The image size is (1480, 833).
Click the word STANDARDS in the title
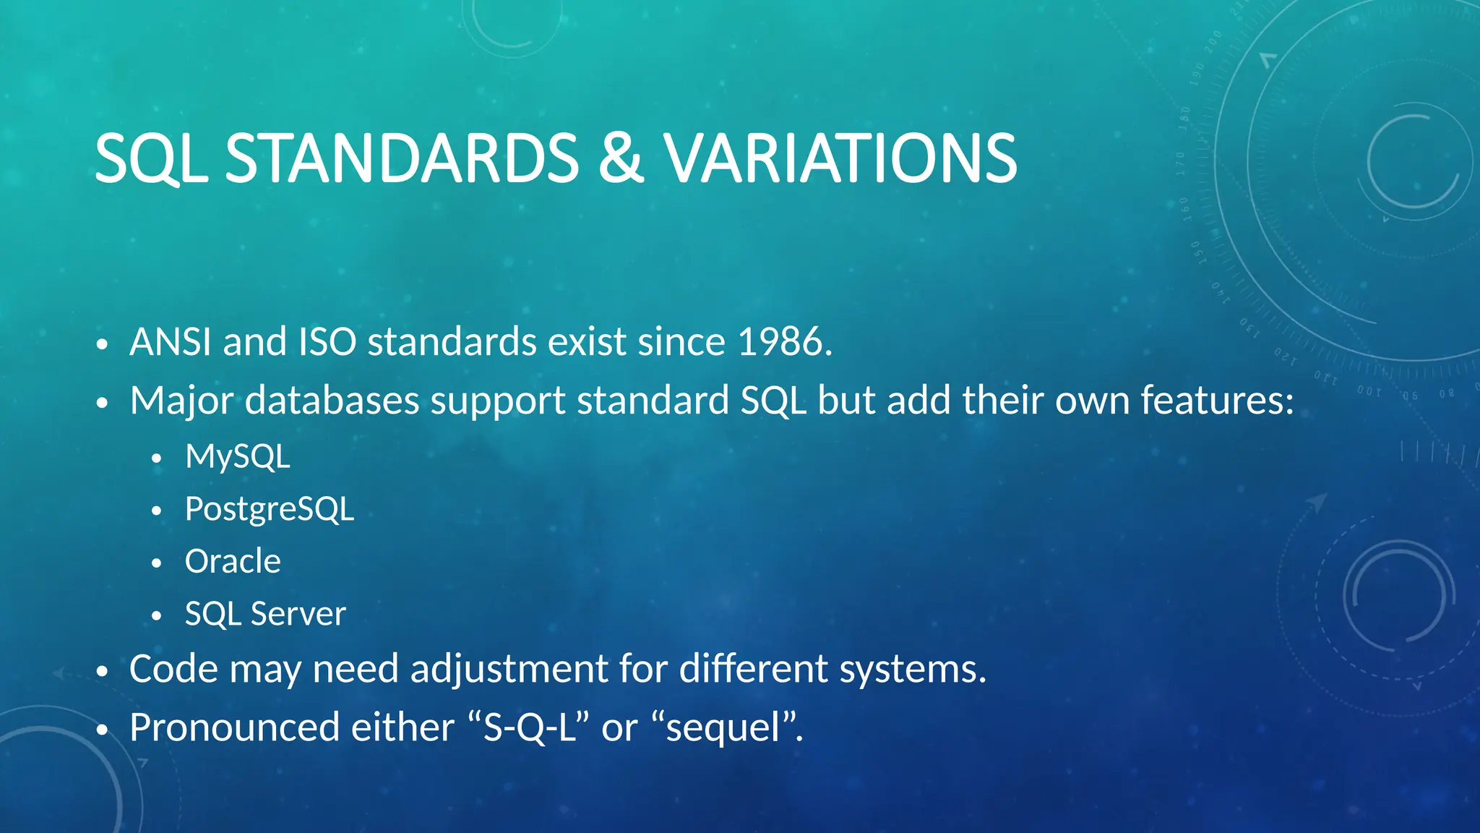(x=402, y=158)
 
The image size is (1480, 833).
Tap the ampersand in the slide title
(x=621, y=158)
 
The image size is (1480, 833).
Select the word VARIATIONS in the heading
(x=840, y=158)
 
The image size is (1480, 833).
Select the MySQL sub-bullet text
(x=238, y=457)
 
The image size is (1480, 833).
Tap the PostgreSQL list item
(x=270, y=510)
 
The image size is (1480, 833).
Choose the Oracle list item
(x=233, y=562)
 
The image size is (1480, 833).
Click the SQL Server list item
(x=265, y=615)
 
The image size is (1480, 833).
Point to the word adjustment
(x=509, y=670)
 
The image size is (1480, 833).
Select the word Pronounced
(x=234, y=727)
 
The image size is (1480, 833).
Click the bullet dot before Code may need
(x=102, y=672)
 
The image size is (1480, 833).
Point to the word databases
(x=332, y=401)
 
